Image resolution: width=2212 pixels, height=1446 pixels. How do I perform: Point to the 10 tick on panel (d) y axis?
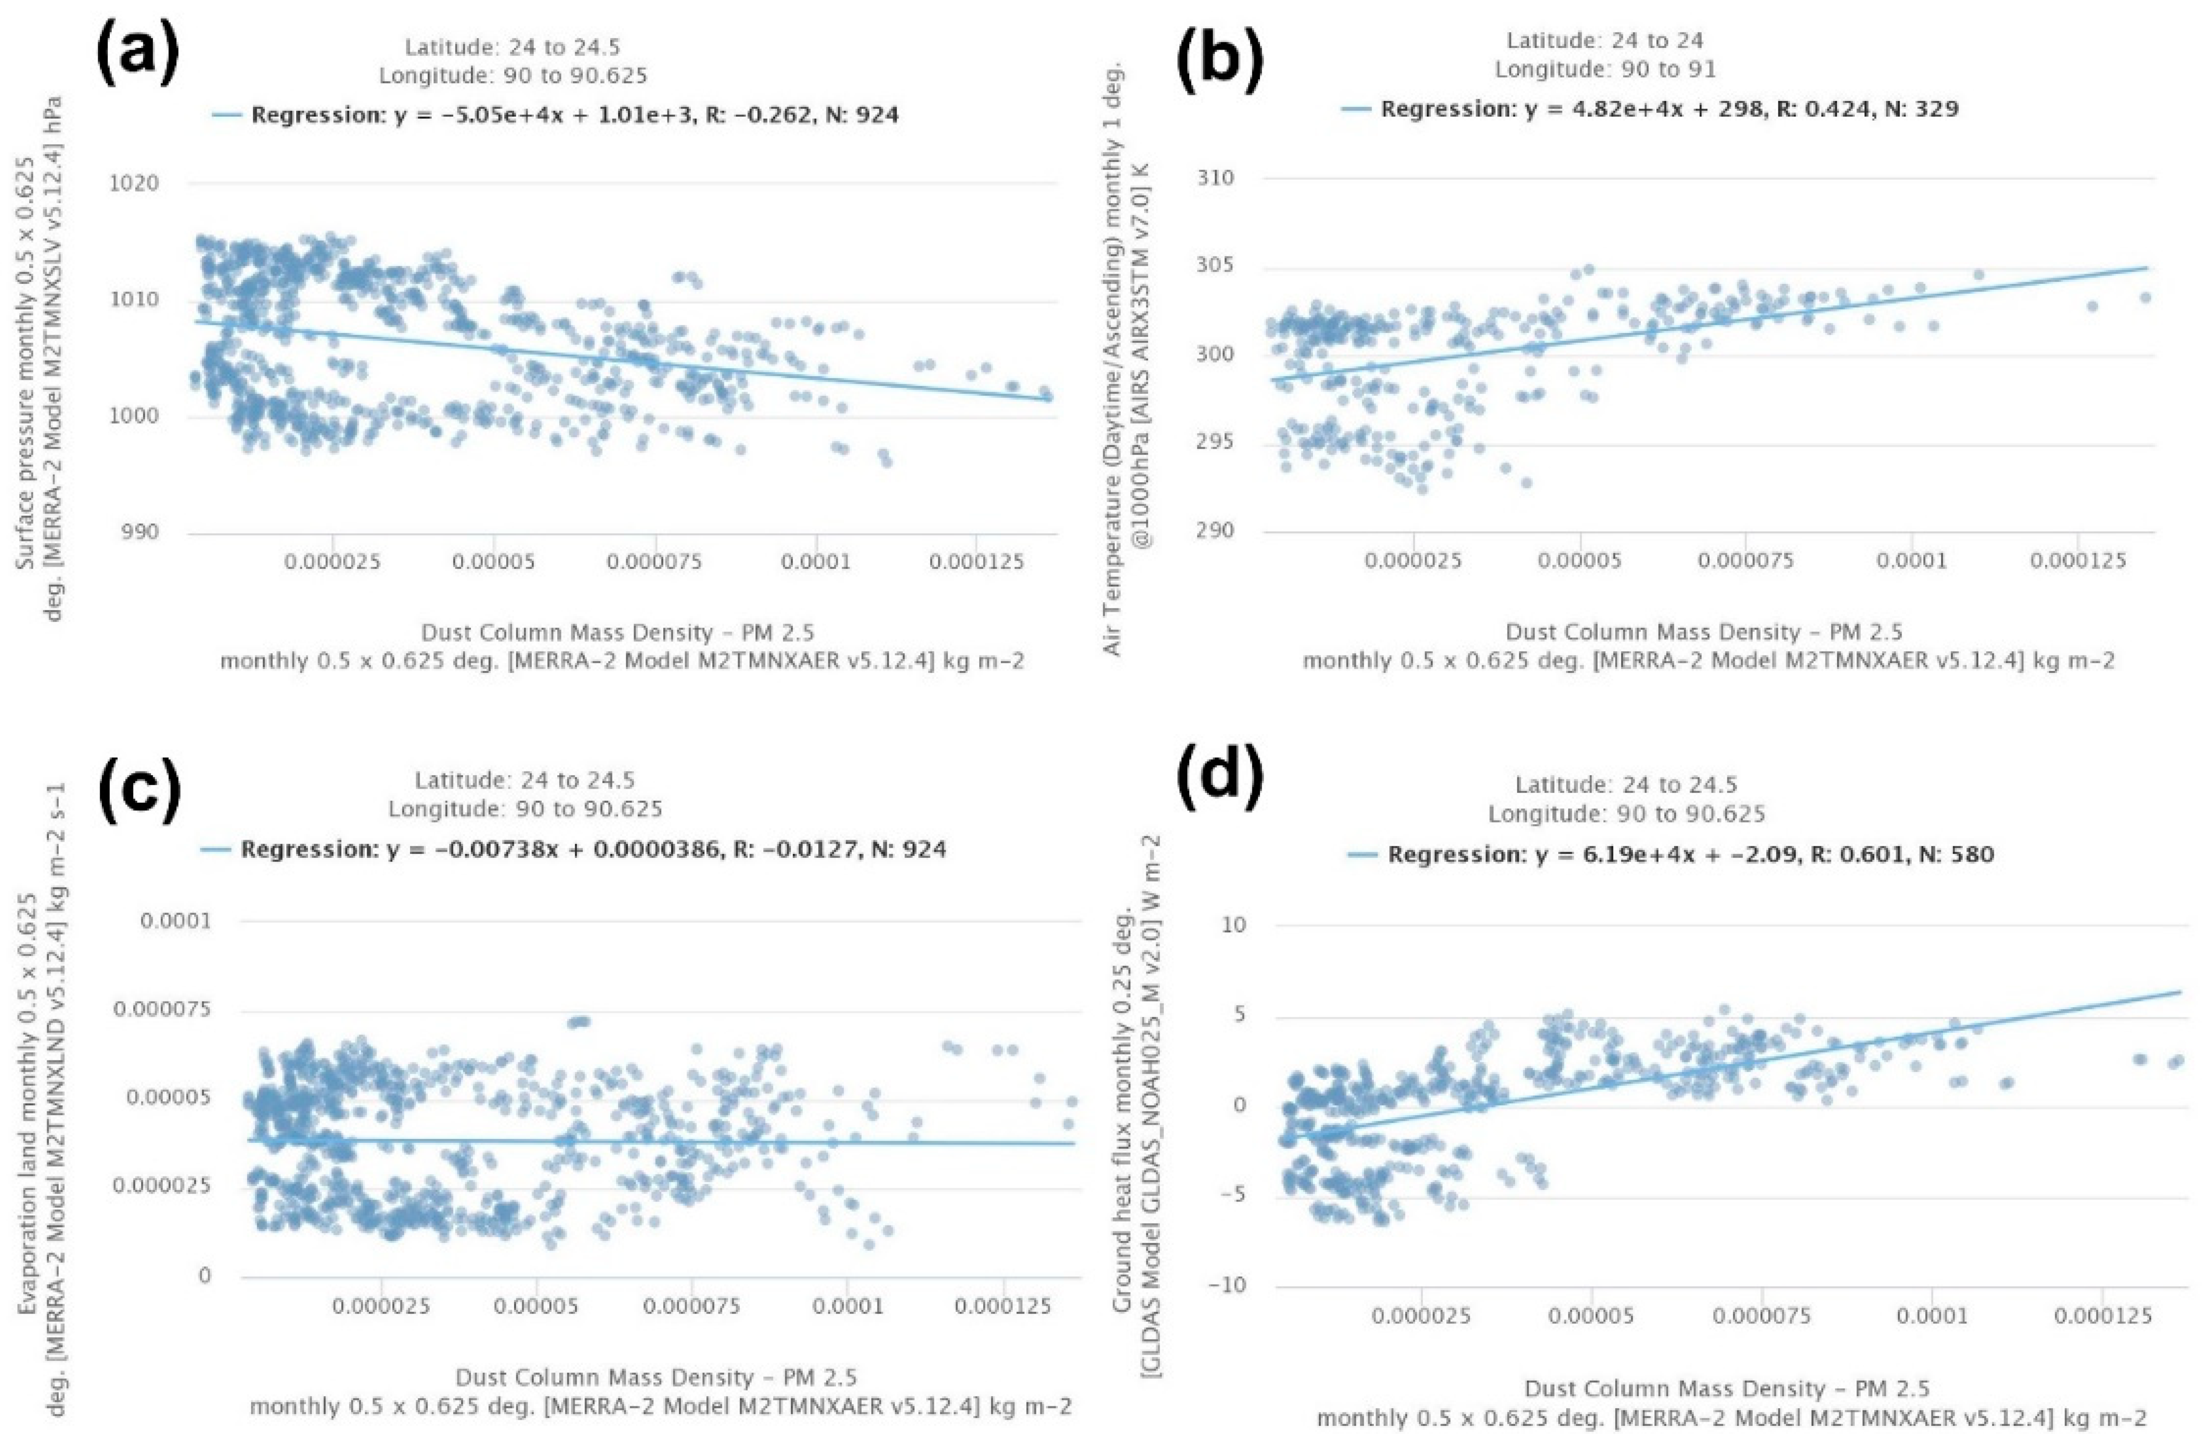[1234, 926]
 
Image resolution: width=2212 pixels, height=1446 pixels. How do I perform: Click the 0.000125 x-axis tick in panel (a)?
[976, 564]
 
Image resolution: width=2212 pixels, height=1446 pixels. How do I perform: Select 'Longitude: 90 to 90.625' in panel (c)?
[525, 808]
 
